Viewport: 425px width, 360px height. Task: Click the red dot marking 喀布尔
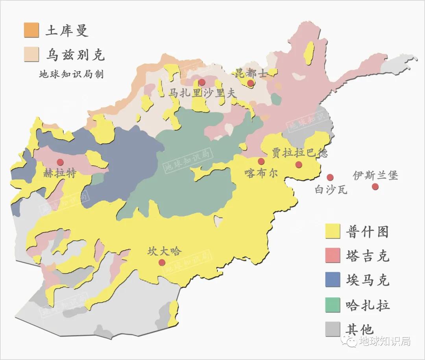pos(261,161)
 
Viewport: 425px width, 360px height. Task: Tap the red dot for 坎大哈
pos(162,262)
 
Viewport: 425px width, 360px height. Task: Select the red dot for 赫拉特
pos(60,162)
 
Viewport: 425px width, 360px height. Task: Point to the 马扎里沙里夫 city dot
pos(202,82)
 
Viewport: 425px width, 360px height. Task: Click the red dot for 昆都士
pos(250,83)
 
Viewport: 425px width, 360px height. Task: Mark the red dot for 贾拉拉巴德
pos(299,164)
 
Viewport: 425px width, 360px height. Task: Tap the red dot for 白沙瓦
pos(330,177)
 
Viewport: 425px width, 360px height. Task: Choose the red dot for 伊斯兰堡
pos(375,186)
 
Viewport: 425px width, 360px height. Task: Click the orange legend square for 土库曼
pos(31,30)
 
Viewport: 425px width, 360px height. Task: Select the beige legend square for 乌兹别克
pos(31,54)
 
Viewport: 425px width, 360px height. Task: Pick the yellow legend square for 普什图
pos(333,231)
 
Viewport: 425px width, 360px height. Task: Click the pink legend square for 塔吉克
pos(333,256)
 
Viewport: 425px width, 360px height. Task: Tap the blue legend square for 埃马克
pos(333,280)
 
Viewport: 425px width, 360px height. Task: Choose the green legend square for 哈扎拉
pos(333,305)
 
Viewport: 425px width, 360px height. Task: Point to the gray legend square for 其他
pos(333,329)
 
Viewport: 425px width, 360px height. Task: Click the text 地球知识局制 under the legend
pos(71,74)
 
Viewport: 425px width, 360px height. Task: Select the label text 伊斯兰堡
pos(375,175)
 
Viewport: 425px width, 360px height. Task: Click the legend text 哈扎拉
pos(367,305)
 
